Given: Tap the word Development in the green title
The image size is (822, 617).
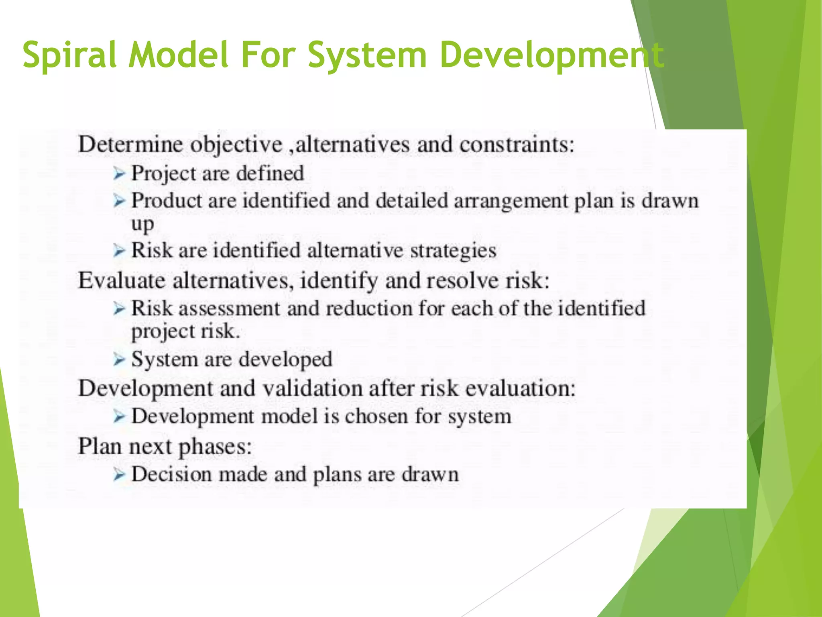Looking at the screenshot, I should pyautogui.click(x=551, y=55).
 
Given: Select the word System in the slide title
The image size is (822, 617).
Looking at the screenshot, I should pyautogui.click(x=367, y=55).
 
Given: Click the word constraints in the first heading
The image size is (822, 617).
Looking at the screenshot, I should pyautogui.click(x=517, y=144).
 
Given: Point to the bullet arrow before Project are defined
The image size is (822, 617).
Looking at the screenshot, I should pyautogui.click(x=119, y=174).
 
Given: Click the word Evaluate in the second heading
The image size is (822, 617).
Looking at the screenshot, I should pyautogui.click(x=121, y=280).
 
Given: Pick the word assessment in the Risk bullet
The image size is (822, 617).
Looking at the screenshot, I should pyautogui.click(x=229, y=309).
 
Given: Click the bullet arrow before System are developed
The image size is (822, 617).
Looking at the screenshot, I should pyautogui.click(x=119, y=360).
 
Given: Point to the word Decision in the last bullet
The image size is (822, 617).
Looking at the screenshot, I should pyautogui.click(x=171, y=474).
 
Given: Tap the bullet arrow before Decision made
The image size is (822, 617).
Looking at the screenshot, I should pyautogui.click(x=119, y=475).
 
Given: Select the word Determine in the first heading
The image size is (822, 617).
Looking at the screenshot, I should pyautogui.click(x=130, y=144).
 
